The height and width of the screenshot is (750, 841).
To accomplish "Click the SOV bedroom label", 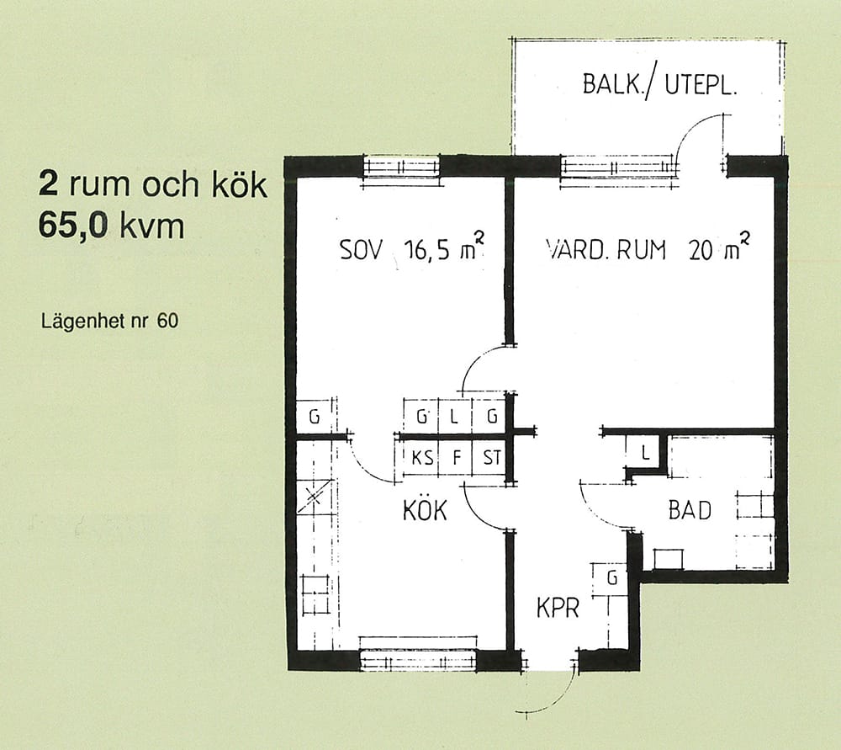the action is point(362,250).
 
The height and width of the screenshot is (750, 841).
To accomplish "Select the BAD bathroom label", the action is point(690,510).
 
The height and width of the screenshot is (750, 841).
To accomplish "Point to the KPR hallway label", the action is point(558,609).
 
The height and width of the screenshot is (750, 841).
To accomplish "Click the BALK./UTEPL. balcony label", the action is point(659,86).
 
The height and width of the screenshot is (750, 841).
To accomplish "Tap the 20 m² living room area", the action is point(719,247).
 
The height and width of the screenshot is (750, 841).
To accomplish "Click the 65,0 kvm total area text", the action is point(111,226).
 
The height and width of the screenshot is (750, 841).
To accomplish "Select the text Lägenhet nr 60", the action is point(109,321).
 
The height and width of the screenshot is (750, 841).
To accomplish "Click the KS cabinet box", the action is point(421,457).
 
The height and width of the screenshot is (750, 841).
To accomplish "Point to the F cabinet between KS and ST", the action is point(456,457).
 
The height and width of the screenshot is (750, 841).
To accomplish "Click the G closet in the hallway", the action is point(610,579).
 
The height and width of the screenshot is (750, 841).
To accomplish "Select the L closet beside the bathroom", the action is point(645,453).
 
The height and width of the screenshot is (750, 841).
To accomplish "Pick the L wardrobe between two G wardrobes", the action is point(455,416).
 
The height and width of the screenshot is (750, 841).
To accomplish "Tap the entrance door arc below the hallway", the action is point(557,698).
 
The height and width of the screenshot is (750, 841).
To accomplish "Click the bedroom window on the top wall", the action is point(402,168).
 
